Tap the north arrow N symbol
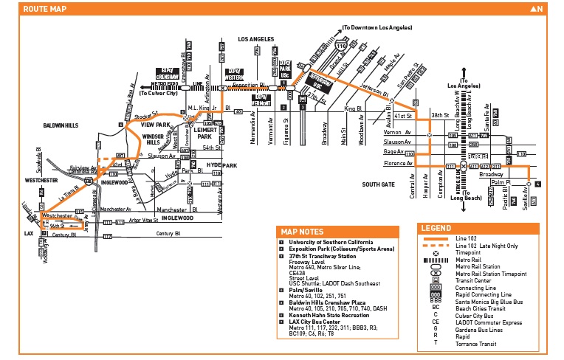point(537,9)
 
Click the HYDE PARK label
point(221,165)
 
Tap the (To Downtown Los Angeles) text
point(377,28)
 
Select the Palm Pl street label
point(502,181)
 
